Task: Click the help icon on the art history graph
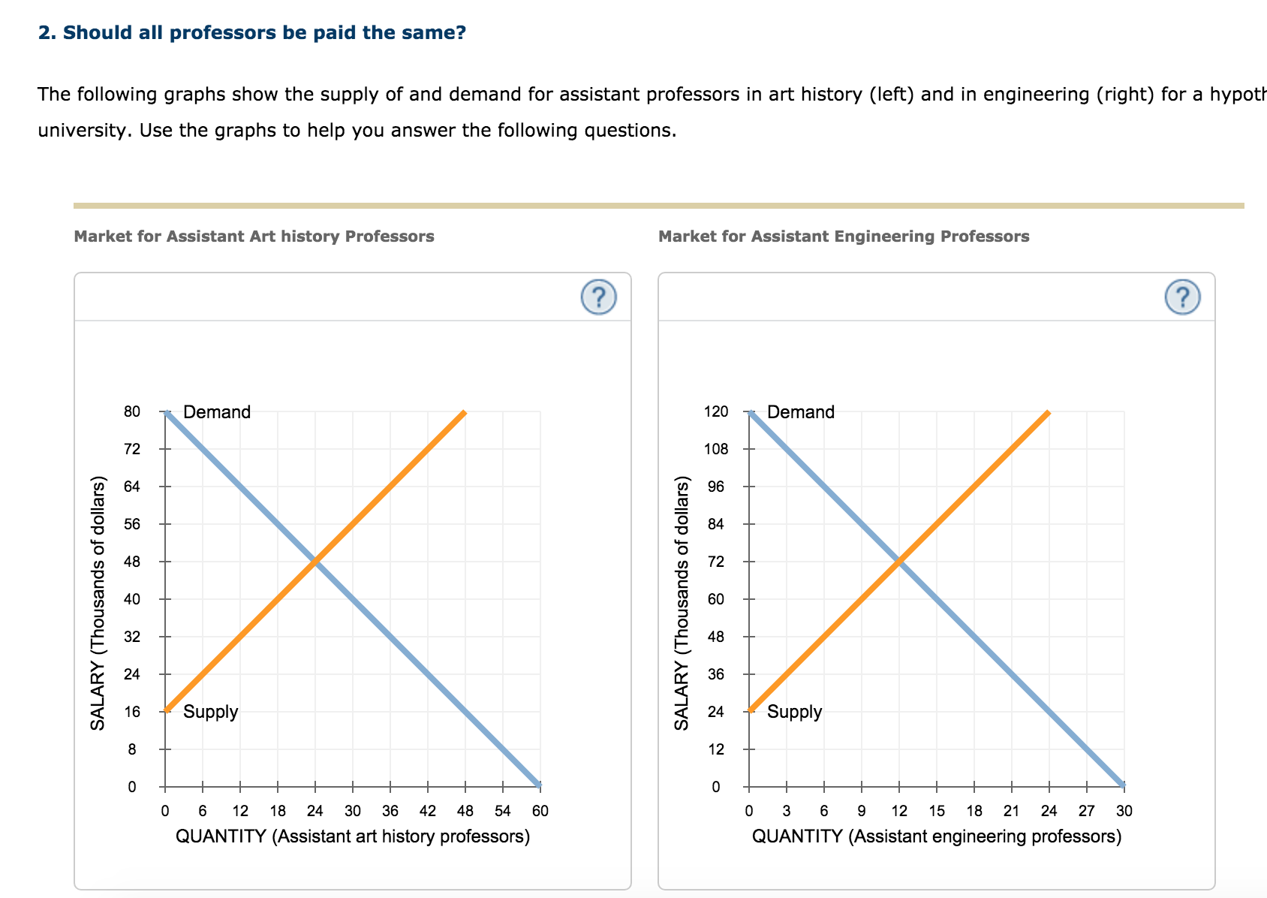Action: click(x=598, y=297)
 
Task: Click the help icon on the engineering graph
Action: click(x=1182, y=297)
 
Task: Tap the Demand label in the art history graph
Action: click(x=217, y=412)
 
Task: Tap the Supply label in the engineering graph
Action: click(x=794, y=712)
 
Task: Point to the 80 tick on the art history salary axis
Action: click(x=132, y=412)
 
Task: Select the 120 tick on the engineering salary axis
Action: click(x=716, y=412)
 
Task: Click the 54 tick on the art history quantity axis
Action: click(x=503, y=811)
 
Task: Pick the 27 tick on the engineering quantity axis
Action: click(x=1087, y=811)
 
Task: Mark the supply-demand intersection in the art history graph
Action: click(x=315, y=562)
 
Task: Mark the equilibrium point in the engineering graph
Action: click(x=899, y=562)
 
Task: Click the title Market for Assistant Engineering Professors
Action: click(x=844, y=237)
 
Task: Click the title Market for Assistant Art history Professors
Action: click(x=254, y=237)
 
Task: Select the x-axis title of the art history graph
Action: click(x=353, y=836)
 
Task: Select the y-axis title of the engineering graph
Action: click(x=682, y=603)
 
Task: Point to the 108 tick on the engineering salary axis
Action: click(x=716, y=450)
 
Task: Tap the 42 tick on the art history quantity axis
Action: click(x=428, y=811)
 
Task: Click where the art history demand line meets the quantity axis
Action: click(x=540, y=786)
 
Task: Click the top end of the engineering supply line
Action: click(x=1049, y=412)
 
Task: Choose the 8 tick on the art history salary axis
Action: click(x=132, y=749)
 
